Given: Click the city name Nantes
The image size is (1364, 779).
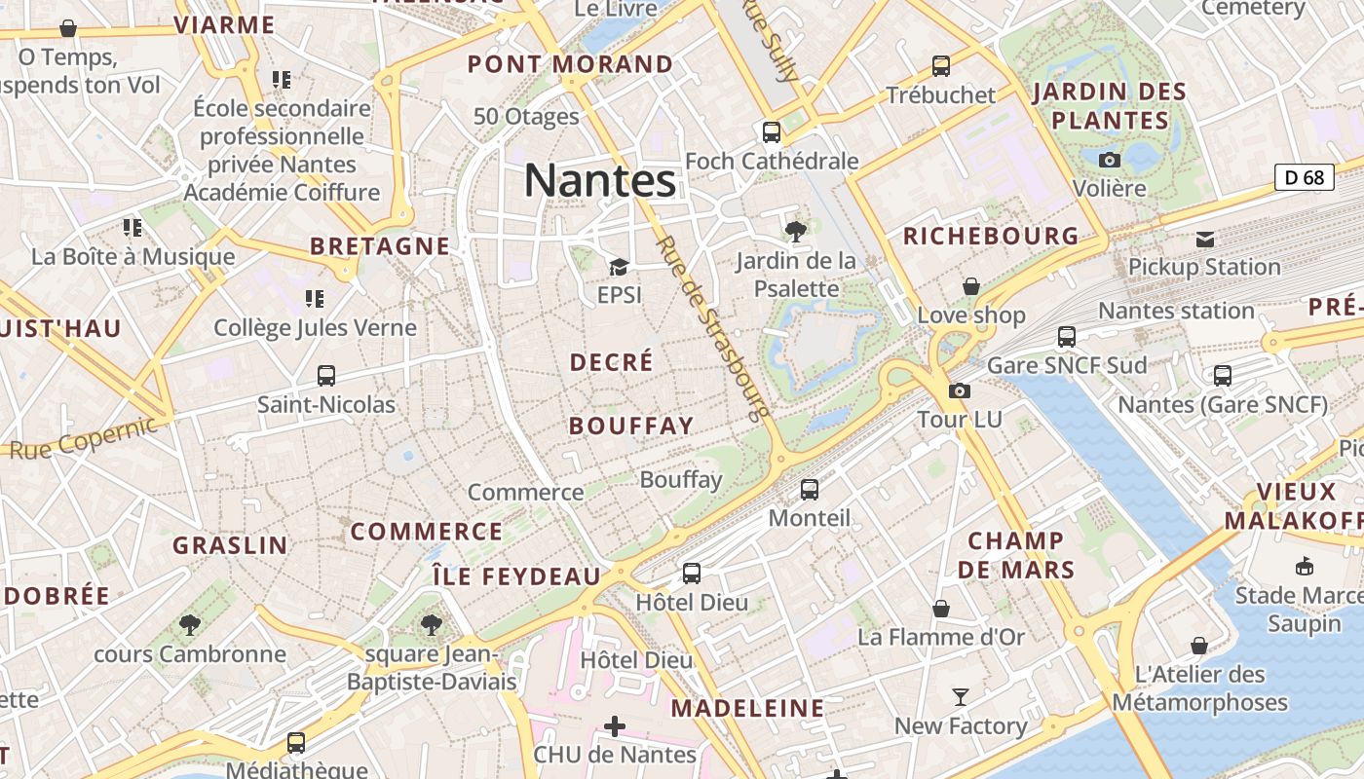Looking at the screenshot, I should point(599,181).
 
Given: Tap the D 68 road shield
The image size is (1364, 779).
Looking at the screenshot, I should point(1304,177).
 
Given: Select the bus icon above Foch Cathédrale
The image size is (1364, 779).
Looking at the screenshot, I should point(772,131).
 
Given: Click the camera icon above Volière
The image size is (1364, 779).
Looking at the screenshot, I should point(1109,160).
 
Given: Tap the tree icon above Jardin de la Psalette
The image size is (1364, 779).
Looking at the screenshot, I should point(796,231).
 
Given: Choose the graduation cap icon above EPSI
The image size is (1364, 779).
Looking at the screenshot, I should point(619,266).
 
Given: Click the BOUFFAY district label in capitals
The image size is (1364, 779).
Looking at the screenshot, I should point(631,426).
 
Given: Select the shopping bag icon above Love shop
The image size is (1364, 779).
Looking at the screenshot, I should point(971,286).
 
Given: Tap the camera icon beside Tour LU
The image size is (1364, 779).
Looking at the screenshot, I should point(960,390).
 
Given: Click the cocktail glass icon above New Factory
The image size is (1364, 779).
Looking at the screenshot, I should point(961,697).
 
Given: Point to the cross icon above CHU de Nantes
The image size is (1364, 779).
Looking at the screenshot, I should point(615,725).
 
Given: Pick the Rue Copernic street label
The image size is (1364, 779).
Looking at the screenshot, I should point(84,437).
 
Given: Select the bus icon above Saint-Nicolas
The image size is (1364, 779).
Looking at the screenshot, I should point(326,375).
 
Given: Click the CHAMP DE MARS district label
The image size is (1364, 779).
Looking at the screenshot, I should point(1016,555).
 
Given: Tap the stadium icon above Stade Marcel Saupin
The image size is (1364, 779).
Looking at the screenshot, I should point(1304,566).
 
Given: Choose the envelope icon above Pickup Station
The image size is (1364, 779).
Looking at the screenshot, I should point(1205,240).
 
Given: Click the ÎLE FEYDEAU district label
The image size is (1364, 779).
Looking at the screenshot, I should point(516,576).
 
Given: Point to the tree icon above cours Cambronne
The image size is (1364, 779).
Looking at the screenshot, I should point(190,624).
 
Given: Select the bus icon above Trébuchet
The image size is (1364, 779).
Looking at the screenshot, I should point(941,66).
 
